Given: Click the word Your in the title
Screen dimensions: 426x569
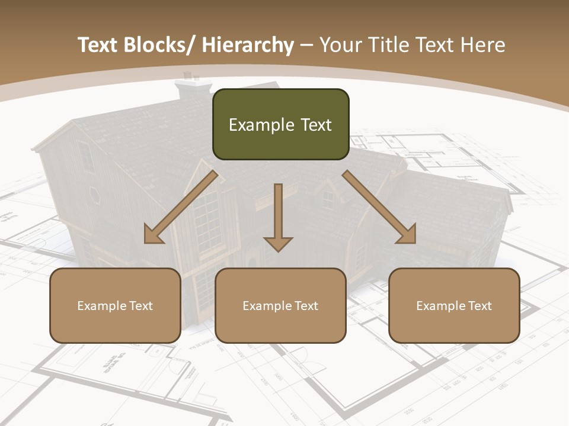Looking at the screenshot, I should point(338,45).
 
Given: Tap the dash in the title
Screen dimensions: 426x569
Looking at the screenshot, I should point(306,45).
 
